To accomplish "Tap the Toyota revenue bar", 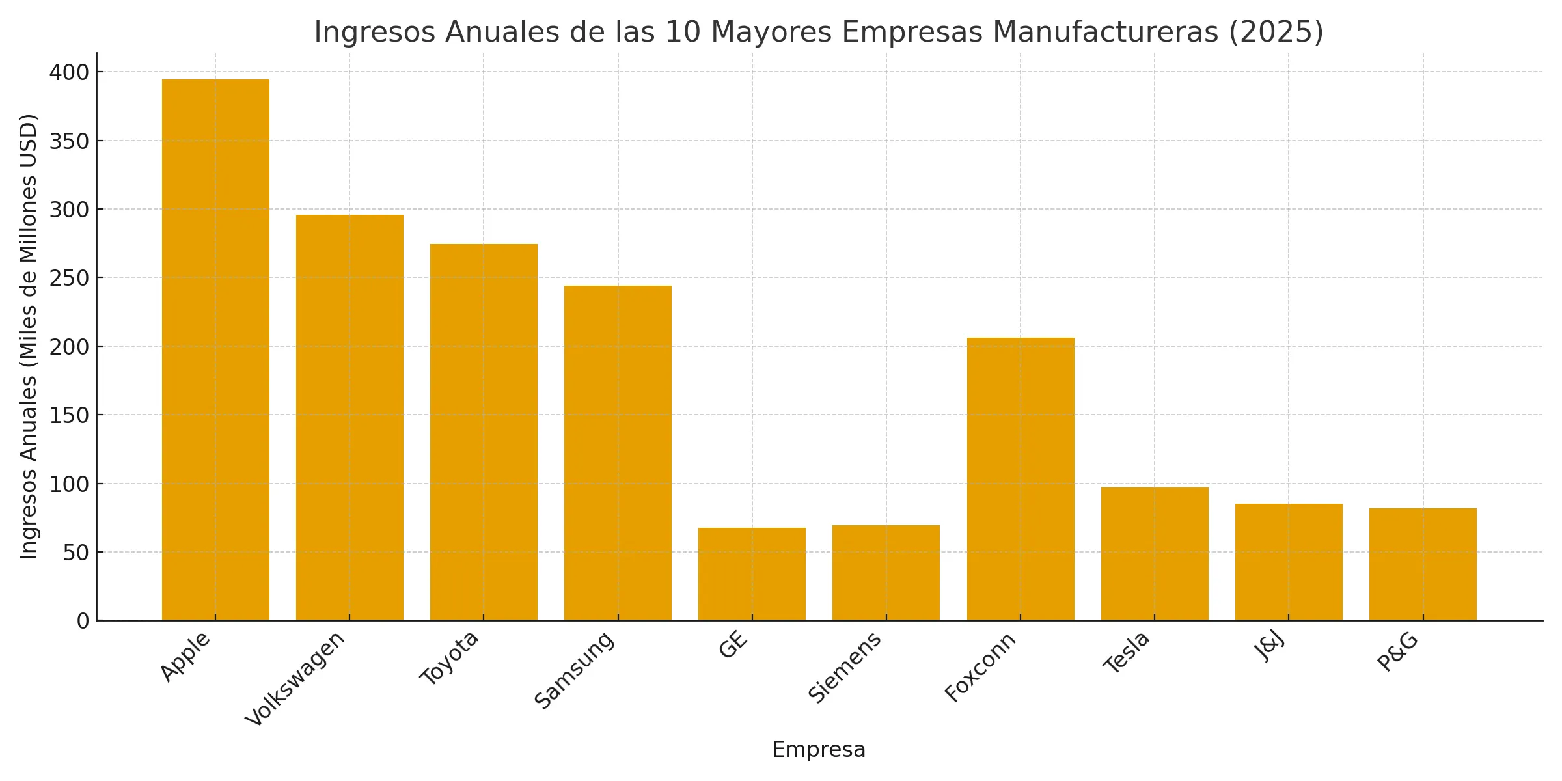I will pos(484,432).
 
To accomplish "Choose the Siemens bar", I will pos(886,573).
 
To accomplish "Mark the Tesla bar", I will pos(1155,554).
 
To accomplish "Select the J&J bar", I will pos(1289,562).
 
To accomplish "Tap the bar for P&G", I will pos(1423,564).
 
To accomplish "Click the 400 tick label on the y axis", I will pos(69,72).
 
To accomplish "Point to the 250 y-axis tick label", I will pos(69,278).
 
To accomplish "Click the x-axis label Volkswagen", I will pos(295,679).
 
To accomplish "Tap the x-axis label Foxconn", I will pos(980,667).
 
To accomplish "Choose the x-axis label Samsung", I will pos(574,670).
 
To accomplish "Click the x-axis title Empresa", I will pos(819,750).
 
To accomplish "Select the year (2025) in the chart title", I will pos(1276,33).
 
